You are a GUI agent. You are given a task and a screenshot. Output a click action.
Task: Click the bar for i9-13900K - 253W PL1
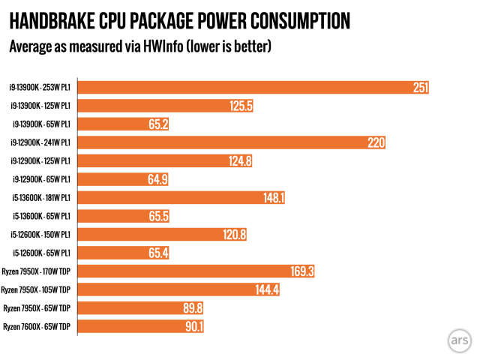(x=247, y=88)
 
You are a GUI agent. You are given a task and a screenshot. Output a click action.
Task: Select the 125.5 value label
(x=241, y=106)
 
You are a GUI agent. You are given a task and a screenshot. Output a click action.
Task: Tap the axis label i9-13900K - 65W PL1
(x=41, y=124)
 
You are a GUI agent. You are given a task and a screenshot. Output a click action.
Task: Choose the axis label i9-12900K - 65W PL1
(x=41, y=179)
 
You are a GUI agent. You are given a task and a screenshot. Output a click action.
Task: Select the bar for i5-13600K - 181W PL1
(x=180, y=198)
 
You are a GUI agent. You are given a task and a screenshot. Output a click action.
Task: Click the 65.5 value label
(x=157, y=216)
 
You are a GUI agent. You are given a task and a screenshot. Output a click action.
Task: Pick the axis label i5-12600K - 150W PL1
(x=41, y=235)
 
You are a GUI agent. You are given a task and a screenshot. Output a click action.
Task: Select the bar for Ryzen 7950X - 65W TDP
(x=135, y=307)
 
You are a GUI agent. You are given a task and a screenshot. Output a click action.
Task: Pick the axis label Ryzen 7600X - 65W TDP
(x=37, y=326)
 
